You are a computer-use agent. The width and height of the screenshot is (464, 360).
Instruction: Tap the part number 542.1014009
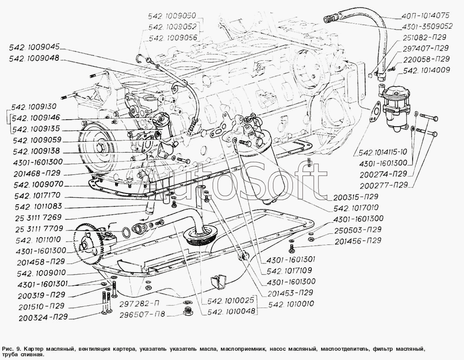pyautogui.click(x=427, y=71)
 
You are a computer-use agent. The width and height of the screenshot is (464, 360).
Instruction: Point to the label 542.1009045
pyautogui.click(x=34, y=47)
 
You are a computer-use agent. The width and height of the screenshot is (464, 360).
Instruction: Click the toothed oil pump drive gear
pyautogui.click(x=89, y=241)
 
